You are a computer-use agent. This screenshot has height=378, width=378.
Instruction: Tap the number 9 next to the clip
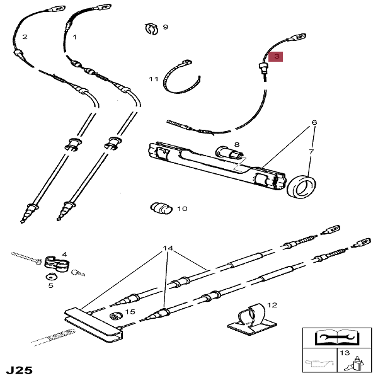[x=165, y=27]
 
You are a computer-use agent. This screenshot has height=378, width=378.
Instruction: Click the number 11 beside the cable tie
[x=154, y=79]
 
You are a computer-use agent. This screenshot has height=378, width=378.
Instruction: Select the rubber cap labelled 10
[x=161, y=209]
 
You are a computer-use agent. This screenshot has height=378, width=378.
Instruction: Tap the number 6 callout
[x=314, y=122]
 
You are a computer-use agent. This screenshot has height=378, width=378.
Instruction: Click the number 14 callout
[x=166, y=249]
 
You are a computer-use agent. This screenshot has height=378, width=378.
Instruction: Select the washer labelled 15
[x=115, y=315]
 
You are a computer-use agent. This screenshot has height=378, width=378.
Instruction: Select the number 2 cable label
[x=25, y=37]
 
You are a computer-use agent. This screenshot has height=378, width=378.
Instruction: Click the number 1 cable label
[x=74, y=37]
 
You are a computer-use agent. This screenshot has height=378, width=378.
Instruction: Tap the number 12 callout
[x=272, y=304]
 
